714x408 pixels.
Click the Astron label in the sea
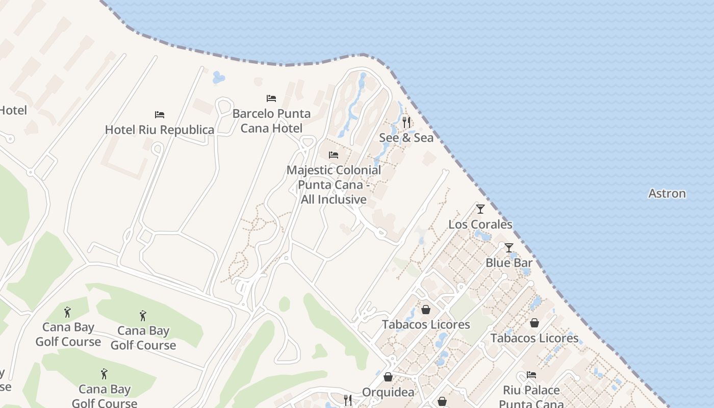point(667,194)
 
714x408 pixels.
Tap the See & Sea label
point(406,138)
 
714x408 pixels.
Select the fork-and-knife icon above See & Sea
point(406,122)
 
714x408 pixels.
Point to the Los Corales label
point(480,224)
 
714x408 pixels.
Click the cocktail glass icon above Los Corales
point(480,209)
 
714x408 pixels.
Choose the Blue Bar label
point(508,263)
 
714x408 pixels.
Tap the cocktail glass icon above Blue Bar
point(508,248)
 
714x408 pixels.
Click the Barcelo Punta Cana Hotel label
point(271,121)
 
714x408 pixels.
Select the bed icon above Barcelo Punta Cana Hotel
point(271,98)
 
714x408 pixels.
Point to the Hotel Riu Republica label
point(159,130)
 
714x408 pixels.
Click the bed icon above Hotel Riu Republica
point(160,115)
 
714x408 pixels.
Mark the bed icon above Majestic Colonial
point(334,155)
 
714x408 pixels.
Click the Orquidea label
point(388,392)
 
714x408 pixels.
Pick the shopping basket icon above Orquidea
point(388,377)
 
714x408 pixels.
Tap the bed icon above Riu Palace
point(531,375)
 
